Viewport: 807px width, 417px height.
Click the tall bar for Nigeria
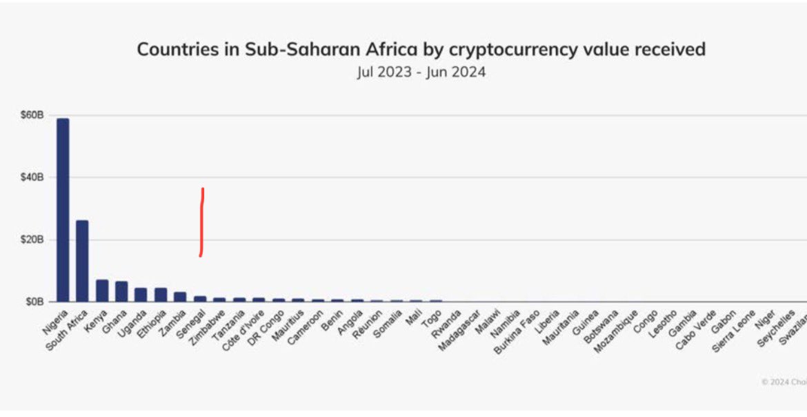[63, 210]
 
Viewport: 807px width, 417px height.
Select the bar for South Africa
[82, 261]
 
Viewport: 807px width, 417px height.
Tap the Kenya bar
[102, 291]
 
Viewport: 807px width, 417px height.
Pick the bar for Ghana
[121, 291]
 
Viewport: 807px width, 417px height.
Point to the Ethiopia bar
[161, 295]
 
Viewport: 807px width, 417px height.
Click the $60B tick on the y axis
[32, 115]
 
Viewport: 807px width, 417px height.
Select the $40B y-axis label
[32, 177]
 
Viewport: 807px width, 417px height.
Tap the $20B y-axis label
[32, 240]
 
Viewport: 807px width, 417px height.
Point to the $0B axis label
[34, 302]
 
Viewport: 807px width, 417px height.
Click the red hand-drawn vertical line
[201, 221]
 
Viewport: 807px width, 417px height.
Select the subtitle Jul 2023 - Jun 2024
[421, 72]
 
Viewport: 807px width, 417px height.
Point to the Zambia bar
[180, 297]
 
